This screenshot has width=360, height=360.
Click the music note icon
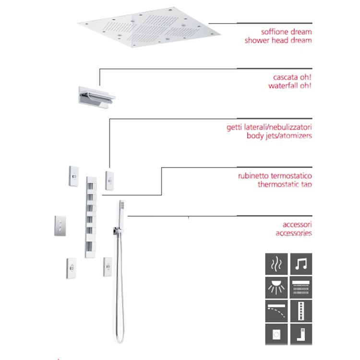tap(301, 264)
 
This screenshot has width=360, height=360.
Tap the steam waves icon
tap(276, 264)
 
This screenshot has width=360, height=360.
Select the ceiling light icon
tap(276, 288)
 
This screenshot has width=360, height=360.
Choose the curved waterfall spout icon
tap(276, 311)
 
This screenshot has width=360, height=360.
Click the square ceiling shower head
tap(149, 27)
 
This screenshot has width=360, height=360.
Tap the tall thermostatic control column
tap(91, 217)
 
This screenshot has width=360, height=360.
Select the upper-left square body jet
tap(74, 176)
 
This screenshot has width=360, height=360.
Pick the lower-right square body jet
tap(108, 267)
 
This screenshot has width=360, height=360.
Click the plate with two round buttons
tap(60, 226)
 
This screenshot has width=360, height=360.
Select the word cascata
tap(285, 77)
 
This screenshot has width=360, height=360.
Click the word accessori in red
tap(297, 224)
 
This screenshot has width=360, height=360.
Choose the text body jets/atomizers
tap(279, 136)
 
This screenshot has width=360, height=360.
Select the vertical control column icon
tap(301, 311)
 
